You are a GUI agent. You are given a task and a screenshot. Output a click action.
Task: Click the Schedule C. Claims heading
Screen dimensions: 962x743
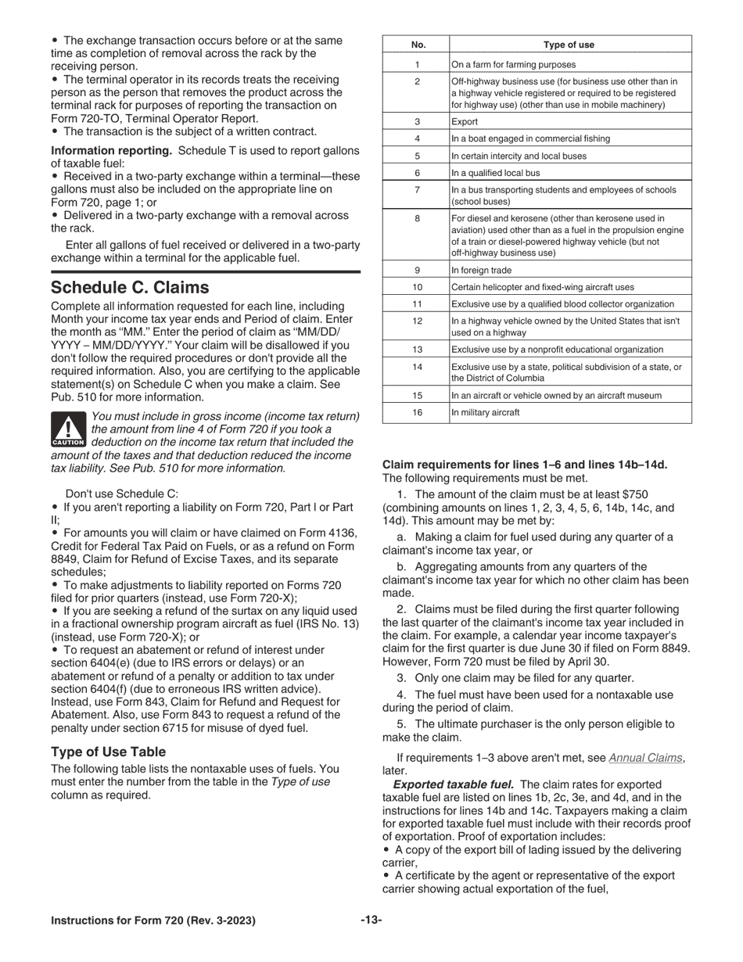tap(130, 287)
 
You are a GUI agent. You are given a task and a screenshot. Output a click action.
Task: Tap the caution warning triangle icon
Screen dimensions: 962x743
tap(68, 429)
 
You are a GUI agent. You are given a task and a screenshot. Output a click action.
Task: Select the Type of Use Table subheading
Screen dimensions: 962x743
tap(108, 752)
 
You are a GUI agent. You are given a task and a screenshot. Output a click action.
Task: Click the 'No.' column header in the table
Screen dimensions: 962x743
tap(417, 45)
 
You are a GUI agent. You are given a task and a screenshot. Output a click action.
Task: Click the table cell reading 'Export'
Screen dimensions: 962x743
tap(465, 122)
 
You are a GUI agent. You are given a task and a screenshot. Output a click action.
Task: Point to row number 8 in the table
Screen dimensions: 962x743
tap(417, 219)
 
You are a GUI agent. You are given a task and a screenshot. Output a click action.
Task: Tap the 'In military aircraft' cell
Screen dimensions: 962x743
tap(485, 412)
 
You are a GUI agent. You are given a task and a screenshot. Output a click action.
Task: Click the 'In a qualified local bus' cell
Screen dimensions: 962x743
tap(495, 173)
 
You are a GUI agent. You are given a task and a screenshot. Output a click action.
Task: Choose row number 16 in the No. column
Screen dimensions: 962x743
tap(417, 412)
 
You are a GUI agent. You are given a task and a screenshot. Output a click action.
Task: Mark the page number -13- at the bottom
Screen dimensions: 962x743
tap(371, 920)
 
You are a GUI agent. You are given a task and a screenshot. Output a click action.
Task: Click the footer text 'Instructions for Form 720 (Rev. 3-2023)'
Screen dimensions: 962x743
tap(153, 921)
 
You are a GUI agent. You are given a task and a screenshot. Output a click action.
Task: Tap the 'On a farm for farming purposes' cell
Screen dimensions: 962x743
tap(513, 65)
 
